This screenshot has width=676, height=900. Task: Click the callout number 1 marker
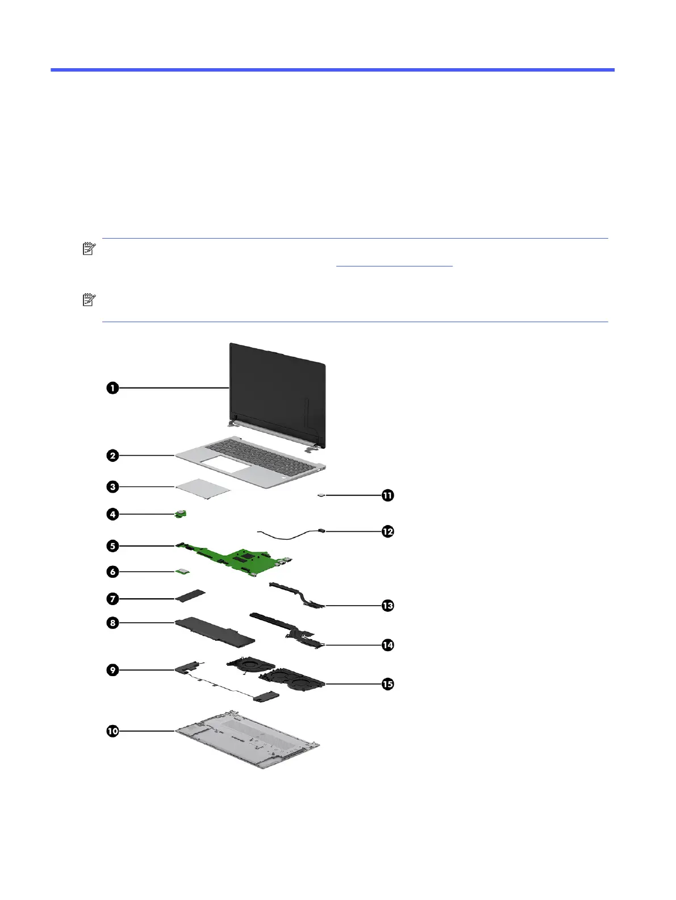(x=112, y=388)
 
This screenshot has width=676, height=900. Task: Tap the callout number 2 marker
(x=112, y=455)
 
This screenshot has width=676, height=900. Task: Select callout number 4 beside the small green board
(x=112, y=514)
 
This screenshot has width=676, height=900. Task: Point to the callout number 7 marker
(x=112, y=598)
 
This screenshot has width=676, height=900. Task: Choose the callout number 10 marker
(x=112, y=731)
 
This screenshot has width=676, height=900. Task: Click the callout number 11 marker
(x=387, y=495)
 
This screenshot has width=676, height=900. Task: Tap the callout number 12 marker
(x=387, y=532)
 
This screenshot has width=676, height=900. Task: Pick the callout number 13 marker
(x=387, y=606)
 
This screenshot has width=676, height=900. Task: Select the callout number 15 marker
(x=387, y=684)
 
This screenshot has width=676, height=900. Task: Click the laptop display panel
(x=277, y=398)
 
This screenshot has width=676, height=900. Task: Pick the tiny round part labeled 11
(x=322, y=495)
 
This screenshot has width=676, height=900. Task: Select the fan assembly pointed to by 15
(x=293, y=680)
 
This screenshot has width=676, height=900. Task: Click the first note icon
(x=89, y=249)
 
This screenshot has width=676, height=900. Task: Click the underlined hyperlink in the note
(x=395, y=265)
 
